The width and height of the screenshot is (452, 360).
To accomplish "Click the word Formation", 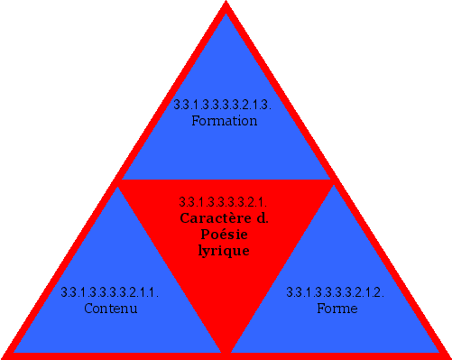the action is pyautogui.click(x=225, y=120).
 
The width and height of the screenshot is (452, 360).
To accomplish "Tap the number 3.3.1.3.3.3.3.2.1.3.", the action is pyautogui.click(x=225, y=105).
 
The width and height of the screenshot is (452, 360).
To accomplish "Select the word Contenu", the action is pyautogui.click(x=109, y=308).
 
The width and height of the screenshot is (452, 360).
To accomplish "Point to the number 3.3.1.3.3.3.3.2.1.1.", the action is pyautogui.click(x=109, y=292).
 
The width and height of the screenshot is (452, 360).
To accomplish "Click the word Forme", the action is pyautogui.click(x=337, y=308).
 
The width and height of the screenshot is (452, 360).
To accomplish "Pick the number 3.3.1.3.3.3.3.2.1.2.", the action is pyautogui.click(x=337, y=292).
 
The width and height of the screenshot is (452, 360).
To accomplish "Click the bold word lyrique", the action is pyautogui.click(x=223, y=251).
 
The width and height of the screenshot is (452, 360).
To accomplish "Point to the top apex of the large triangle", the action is pyautogui.click(x=226, y=5).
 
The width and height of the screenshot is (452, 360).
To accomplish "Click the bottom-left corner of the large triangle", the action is pyautogui.click(x=5, y=355).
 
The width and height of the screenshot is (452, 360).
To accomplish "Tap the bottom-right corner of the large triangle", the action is pyautogui.click(x=447, y=355).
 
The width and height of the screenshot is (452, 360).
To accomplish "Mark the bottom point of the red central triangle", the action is pyautogui.click(x=226, y=352).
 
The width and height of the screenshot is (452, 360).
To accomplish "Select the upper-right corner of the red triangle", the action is pyautogui.click(x=334, y=181).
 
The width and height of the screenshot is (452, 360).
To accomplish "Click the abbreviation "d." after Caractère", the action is pyautogui.click(x=263, y=217).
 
